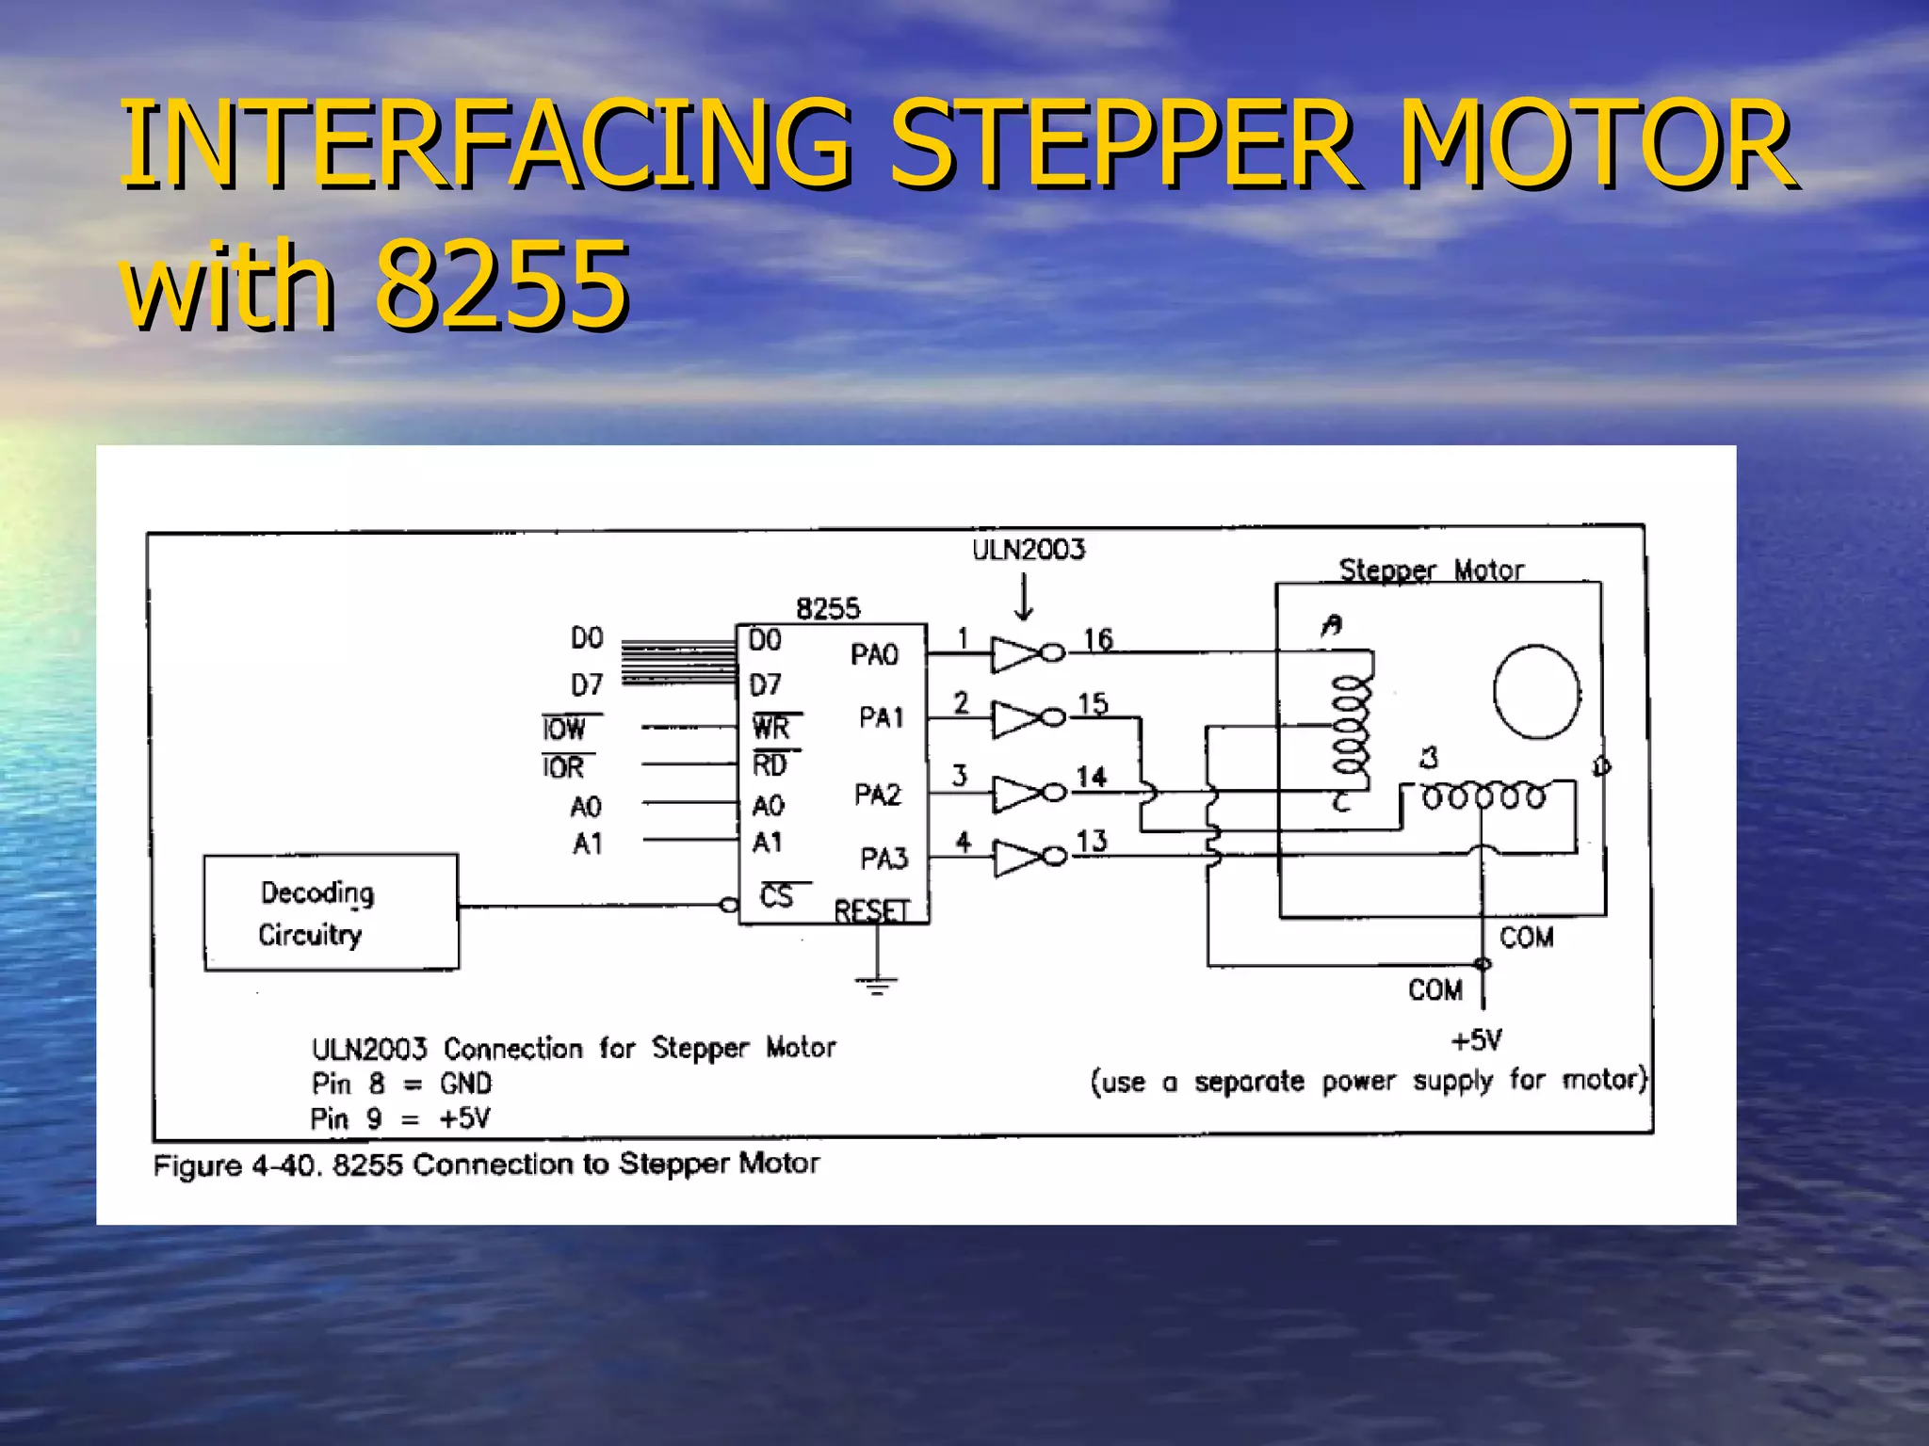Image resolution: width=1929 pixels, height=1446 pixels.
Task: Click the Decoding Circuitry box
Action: tap(331, 912)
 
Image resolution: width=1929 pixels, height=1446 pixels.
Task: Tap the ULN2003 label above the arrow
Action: tap(1029, 550)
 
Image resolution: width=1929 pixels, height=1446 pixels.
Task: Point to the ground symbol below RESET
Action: tap(877, 985)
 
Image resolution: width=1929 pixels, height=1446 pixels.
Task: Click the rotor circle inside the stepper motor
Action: tap(1536, 692)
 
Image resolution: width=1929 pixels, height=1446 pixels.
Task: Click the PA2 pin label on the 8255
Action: tap(877, 795)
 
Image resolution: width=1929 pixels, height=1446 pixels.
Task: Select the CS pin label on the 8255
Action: tap(777, 896)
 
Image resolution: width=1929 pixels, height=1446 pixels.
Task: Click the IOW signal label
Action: tap(564, 729)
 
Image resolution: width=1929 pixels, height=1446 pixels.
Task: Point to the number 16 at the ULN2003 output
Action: tap(1097, 640)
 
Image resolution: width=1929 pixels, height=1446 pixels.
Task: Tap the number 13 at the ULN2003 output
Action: tap(1092, 841)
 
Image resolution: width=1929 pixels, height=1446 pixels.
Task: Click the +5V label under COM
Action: tap(1476, 1040)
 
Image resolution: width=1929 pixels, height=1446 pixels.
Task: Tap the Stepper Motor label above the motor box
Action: tap(1431, 570)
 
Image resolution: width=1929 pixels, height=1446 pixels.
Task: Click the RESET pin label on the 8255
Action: tap(871, 910)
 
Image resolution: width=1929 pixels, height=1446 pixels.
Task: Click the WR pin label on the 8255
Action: tap(771, 727)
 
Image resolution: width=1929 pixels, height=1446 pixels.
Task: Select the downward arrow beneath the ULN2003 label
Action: tap(1025, 599)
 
